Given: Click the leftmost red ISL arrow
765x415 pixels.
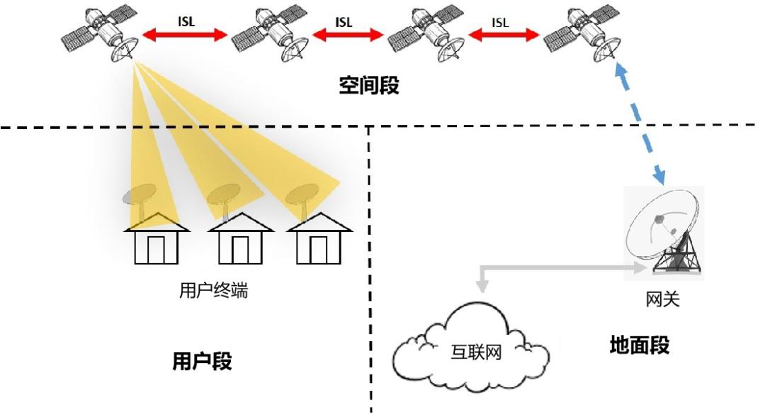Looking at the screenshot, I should coord(185,33).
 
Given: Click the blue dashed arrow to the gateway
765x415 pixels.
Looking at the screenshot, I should coord(641,124).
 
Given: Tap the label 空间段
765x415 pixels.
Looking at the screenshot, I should coord(369,87).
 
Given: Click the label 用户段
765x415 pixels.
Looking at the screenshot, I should coord(203,361).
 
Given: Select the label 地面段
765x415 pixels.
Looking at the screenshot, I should coord(640,346).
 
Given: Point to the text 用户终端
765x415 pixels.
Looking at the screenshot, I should coord(214,290).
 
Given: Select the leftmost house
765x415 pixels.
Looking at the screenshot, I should coord(157,241).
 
